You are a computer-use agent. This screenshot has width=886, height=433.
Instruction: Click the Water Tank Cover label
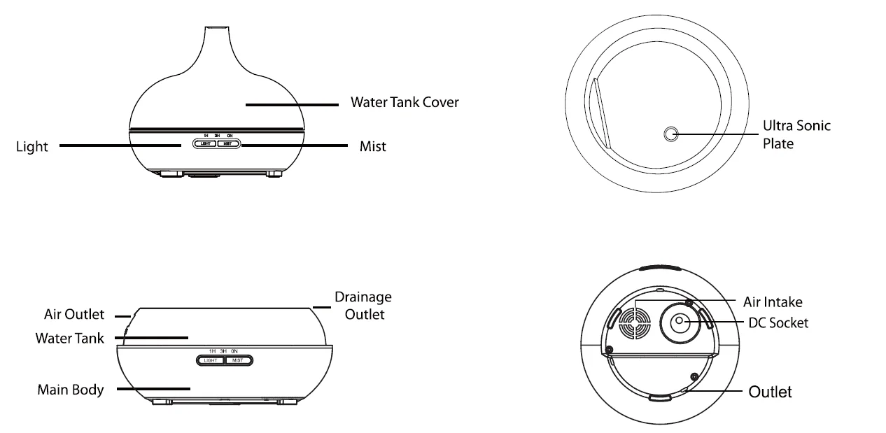point(405,102)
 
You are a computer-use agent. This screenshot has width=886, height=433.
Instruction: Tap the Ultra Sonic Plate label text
point(796,134)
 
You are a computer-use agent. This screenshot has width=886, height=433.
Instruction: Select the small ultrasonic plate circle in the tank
point(671,134)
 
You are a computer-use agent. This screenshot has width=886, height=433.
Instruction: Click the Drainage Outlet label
point(363,306)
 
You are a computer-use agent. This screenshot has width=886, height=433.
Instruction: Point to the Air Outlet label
point(74,314)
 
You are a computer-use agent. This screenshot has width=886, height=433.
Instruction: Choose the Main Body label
point(71,390)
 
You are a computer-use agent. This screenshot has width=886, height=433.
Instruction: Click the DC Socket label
point(778,323)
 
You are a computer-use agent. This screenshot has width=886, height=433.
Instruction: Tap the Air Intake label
point(773,302)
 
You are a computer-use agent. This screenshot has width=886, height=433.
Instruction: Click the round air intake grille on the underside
point(635,324)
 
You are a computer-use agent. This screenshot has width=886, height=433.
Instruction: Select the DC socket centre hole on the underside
point(679,320)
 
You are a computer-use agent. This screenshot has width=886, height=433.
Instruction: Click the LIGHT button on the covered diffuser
point(205,143)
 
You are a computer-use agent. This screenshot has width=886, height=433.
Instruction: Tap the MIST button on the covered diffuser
point(228,143)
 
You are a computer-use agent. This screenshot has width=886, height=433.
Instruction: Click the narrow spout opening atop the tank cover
point(217,27)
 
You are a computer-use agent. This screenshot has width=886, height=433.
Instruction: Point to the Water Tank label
point(69,339)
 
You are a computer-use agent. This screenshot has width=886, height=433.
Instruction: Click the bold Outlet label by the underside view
point(770,392)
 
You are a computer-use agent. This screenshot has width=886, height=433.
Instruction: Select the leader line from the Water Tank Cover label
point(292,105)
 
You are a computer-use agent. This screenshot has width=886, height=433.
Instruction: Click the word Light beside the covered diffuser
point(31,147)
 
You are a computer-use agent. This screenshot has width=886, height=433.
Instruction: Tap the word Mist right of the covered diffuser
point(372,146)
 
